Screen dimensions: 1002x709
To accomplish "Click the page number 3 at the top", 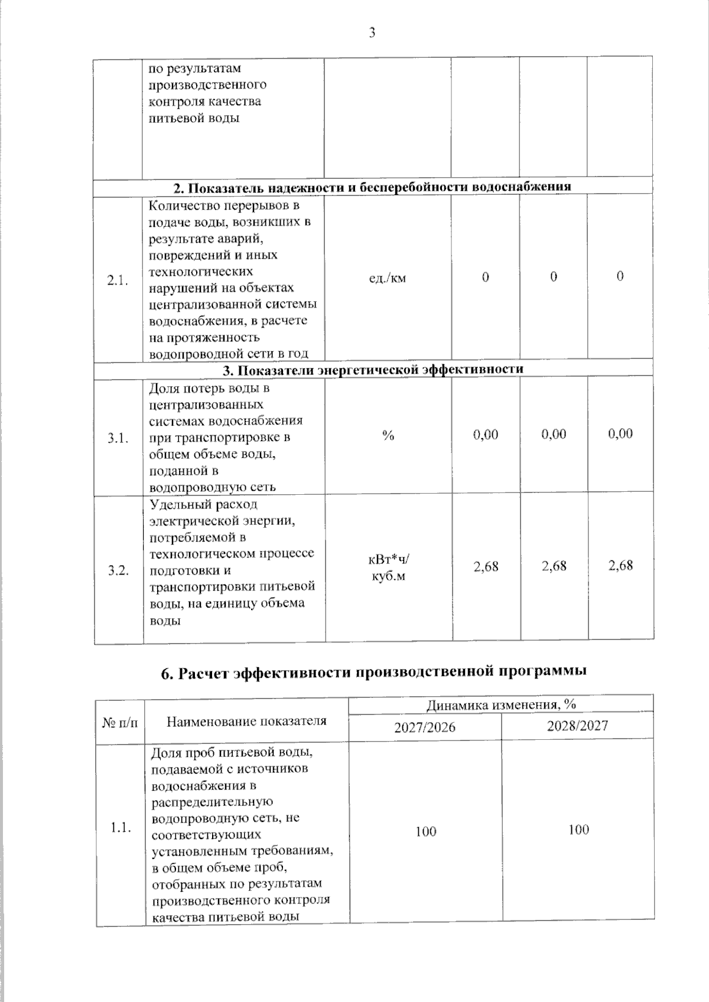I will pyautogui.click(x=372, y=33).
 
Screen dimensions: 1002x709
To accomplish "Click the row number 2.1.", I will pyautogui.click(x=118, y=280).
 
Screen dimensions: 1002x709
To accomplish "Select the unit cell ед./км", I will pyautogui.click(x=387, y=278).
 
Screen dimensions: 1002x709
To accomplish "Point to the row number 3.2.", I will pyautogui.click(x=118, y=570).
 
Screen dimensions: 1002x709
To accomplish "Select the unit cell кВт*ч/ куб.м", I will pyautogui.click(x=388, y=567).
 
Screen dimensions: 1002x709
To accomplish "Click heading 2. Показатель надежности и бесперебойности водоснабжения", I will pyautogui.click(x=372, y=187).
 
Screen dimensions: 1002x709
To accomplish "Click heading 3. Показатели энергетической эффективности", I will pyautogui.click(x=372, y=370).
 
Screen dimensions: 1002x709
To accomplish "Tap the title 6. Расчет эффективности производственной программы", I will pyautogui.click(x=373, y=673).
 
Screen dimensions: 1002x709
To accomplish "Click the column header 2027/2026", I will pyautogui.click(x=425, y=727).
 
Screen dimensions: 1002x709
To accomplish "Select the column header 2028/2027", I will pyautogui.click(x=577, y=726).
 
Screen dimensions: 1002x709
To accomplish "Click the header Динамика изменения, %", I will pyautogui.click(x=500, y=704).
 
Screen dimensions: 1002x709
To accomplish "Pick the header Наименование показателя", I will pyautogui.click(x=246, y=721).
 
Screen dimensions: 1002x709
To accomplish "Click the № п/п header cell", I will pyautogui.click(x=120, y=722).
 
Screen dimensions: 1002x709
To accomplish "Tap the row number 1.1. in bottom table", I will pyautogui.click(x=121, y=828).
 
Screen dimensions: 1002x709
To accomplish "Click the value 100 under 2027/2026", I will pyautogui.click(x=425, y=832).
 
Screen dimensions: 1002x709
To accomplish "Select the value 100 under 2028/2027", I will pyautogui.click(x=578, y=830).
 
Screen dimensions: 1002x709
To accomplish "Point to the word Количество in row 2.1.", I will pyautogui.click(x=183, y=206).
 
